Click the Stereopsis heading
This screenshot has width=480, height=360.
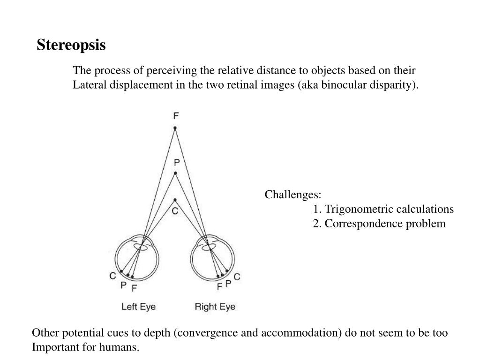click(x=71, y=45)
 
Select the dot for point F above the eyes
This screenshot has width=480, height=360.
click(x=175, y=127)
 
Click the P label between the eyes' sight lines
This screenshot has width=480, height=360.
click(x=177, y=163)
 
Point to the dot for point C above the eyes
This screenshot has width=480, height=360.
click(x=175, y=200)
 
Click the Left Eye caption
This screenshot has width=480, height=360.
click(x=138, y=307)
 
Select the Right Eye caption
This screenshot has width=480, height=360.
click(x=215, y=307)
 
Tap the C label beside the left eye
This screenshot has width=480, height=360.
click(x=113, y=276)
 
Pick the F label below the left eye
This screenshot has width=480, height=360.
click(x=134, y=288)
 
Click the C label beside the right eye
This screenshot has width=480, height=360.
click(x=237, y=277)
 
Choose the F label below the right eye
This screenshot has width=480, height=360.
click(x=219, y=286)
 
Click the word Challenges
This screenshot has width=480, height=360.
click(x=293, y=195)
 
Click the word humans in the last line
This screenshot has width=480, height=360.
click(x=124, y=347)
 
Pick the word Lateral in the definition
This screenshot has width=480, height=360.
click(x=89, y=85)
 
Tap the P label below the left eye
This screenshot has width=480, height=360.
click(x=124, y=285)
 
